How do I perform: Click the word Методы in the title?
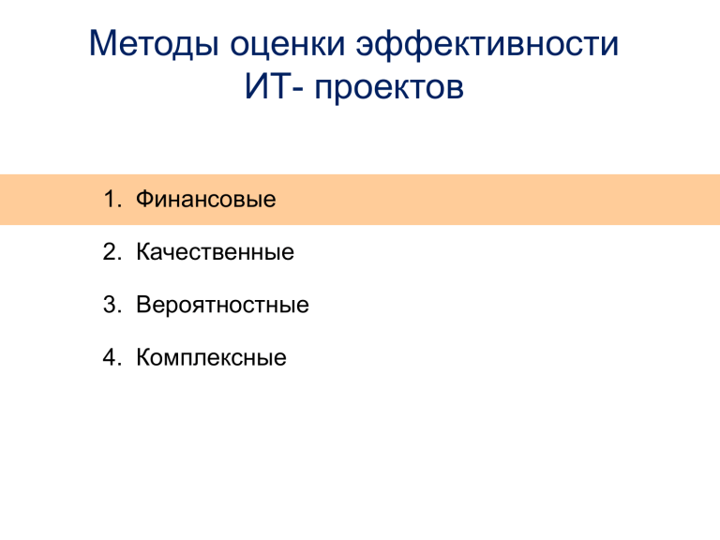pos(154,45)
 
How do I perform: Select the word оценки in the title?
pos(287,45)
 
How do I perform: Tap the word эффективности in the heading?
pos(487,45)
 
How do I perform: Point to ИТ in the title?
pos(267,86)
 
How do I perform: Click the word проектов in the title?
pos(389,88)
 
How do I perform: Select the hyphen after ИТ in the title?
pos(297,89)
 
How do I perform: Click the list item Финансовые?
pos(205,200)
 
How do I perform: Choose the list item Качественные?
pos(215,252)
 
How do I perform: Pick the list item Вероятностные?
pos(222,305)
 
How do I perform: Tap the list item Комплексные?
pos(211,358)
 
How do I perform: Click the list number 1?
pos(112,200)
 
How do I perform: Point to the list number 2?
pos(112,252)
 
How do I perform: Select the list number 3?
pos(112,305)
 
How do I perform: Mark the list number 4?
pos(112,358)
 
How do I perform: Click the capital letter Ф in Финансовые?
pos(144,200)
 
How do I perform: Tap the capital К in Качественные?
pos(143,252)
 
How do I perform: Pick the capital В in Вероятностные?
pos(143,305)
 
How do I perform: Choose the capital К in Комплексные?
pos(143,358)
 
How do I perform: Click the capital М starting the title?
pos(101,43)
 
